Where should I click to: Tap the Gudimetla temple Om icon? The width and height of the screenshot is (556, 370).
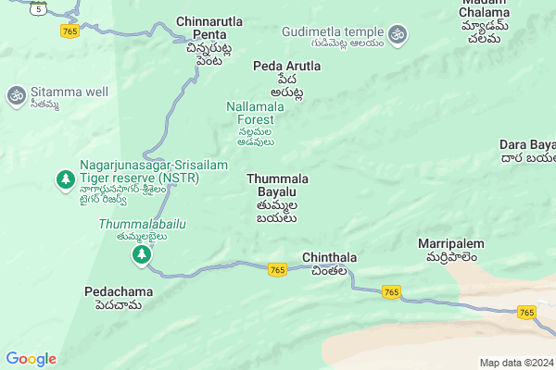(x=398, y=34)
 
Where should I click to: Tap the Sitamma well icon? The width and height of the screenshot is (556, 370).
(x=16, y=94)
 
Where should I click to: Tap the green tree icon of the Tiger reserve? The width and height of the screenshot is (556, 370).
(x=65, y=178)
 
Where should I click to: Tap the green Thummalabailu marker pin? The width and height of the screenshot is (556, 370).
(x=142, y=255)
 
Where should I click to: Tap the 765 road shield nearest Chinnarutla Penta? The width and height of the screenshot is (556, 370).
(x=69, y=31)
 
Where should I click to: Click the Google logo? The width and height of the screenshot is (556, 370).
(x=31, y=359)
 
